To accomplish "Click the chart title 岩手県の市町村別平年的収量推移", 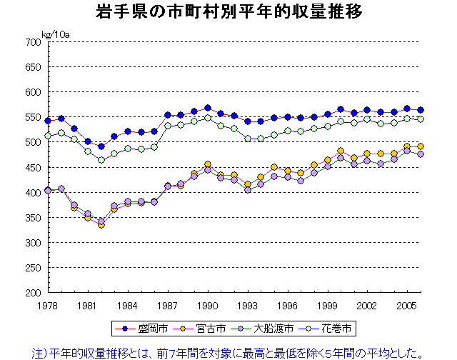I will coord(228,12).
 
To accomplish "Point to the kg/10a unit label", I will coord(55,34).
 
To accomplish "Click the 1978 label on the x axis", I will coord(48,306).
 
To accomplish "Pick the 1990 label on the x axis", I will coord(208,306).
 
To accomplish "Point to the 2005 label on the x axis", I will coord(407,306).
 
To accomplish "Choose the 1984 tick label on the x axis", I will coord(128,306).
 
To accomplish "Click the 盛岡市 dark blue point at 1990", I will coord(208,109).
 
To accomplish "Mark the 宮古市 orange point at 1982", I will coord(101,225).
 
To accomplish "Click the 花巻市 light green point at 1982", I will coord(101,160).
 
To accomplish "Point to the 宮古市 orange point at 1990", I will coord(208,164).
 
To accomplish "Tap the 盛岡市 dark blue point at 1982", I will coord(101,146).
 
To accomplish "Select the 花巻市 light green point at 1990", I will coord(208,118).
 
